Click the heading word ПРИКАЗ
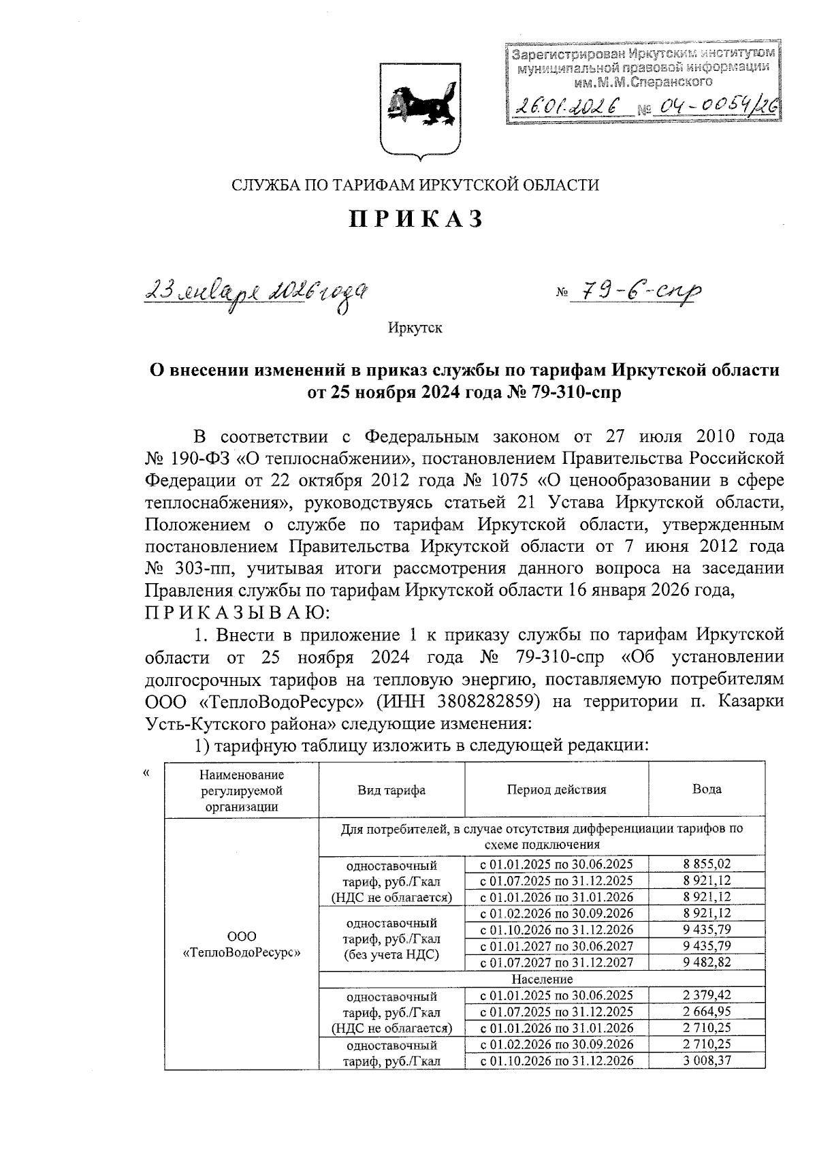[417, 219]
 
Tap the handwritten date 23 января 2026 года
[259, 294]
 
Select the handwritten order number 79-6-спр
[636, 292]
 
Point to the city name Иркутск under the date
[415, 328]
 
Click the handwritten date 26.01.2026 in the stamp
[566, 106]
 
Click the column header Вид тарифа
[391, 790]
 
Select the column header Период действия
[556, 790]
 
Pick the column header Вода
[707, 790]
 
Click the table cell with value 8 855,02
[707, 864]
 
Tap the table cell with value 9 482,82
[707, 962]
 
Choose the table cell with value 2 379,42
[707, 995]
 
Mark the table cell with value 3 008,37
[707, 1061]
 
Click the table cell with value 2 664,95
[707, 1012]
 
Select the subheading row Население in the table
[542, 979]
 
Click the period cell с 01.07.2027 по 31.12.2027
[556, 963]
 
